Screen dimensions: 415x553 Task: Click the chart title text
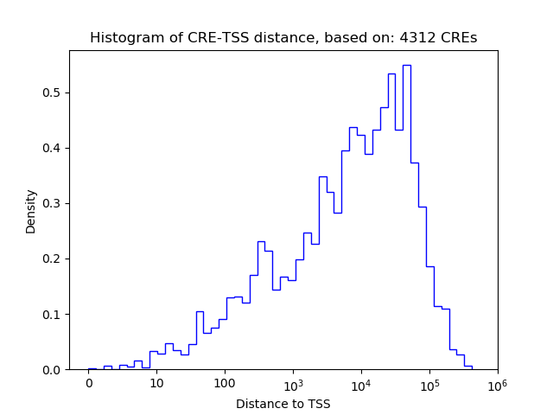(x=283, y=38)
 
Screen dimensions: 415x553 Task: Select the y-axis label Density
(x=31, y=211)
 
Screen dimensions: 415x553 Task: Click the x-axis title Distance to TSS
(x=283, y=404)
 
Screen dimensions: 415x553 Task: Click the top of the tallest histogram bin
(x=406, y=65)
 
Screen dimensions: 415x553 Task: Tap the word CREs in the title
(x=460, y=38)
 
